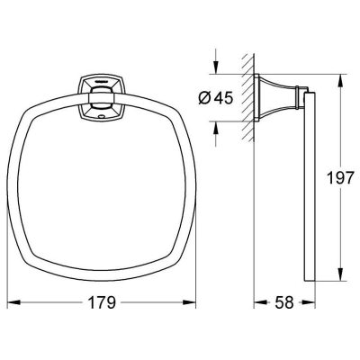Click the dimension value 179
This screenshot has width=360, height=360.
coord(102,302)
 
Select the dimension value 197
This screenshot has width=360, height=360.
coord(340,178)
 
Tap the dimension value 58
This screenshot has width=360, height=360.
coord(283,302)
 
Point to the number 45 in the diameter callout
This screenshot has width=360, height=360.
coord(223,98)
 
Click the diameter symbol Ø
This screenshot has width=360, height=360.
coord(204,98)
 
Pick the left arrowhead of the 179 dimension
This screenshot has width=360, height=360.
coord(13,302)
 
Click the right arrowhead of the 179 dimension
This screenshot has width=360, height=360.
coord(189,302)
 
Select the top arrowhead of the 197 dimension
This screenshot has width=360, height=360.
coord(340,81)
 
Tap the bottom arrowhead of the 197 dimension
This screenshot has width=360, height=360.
coord(340,274)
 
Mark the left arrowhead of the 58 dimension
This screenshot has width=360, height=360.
coord(261,302)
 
